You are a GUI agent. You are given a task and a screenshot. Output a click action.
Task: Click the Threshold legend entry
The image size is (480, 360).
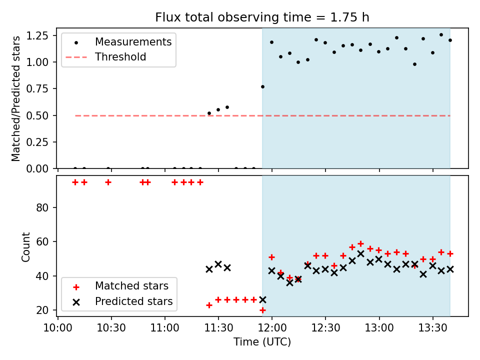tap(105, 57)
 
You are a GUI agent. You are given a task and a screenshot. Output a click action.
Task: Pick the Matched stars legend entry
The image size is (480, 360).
tap(121, 286)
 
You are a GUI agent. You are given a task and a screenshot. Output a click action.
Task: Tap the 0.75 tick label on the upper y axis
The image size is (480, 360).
tap(37, 89)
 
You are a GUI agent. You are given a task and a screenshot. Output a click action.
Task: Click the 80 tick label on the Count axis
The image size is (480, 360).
tap(42, 208)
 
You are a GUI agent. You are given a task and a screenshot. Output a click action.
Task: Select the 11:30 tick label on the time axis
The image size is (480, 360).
tap(218, 328)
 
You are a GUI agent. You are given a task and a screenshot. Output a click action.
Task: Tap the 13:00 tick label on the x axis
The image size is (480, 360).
tap(379, 328)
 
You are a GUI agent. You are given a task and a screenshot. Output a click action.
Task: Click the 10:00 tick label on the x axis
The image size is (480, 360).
tap(58, 328)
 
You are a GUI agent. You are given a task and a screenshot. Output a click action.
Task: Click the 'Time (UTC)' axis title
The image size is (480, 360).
tap(262, 341)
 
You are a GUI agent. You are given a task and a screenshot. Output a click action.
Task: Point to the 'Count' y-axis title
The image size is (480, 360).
tap(25, 247)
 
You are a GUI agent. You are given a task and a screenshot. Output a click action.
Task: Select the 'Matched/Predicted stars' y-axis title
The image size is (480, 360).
tap(15, 98)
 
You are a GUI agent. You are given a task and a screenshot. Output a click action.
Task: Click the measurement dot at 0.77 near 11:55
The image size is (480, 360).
tap(262, 87)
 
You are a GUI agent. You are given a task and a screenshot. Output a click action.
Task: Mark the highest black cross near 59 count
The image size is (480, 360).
tap(361, 254)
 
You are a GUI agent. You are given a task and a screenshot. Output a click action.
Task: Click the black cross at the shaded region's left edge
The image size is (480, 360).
tap(262, 299)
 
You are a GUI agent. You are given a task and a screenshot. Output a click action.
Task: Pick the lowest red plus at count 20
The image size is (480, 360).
tap(262, 310)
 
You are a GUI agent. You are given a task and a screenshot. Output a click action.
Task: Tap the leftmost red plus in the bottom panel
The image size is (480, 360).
tap(75, 182)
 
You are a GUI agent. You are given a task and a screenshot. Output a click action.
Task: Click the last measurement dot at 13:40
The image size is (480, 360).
tap(450, 40)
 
